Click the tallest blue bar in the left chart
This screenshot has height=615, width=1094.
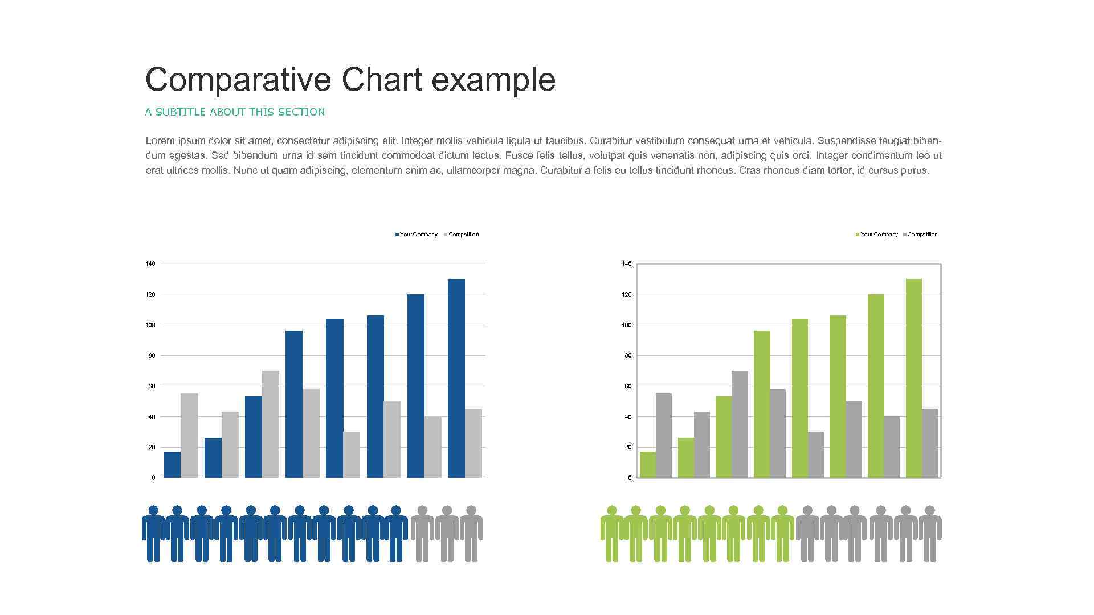click(x=456, y=378)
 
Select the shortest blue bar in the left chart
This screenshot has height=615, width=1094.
click(x=172, y=465)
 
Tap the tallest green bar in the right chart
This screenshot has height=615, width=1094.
click(x=913, y=378)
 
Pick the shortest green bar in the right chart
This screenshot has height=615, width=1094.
click(x=647, y=465)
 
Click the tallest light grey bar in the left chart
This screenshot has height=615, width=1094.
click(x=271, y=424)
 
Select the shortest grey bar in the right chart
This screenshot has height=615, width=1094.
click(x=815, y=454)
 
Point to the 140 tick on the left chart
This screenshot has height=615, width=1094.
click(x=150, y=264)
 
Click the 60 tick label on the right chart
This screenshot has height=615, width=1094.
click(x=628, y=386)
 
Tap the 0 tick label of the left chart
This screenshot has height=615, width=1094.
click(x=153, y=478)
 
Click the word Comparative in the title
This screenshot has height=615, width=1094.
click(x=238, y=80)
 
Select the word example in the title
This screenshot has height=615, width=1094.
click(x=493, y=80)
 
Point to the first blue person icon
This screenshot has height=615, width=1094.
click(x=153, y=533)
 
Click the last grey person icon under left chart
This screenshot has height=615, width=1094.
click(x=471, y=533)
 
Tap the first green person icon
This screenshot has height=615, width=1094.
click(x=612, y=533)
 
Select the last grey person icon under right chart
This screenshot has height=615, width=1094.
click(x=930, y=533)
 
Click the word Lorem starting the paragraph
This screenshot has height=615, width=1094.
click(x=160, y=141)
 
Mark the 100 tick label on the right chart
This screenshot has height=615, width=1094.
click(x=627, y=325)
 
